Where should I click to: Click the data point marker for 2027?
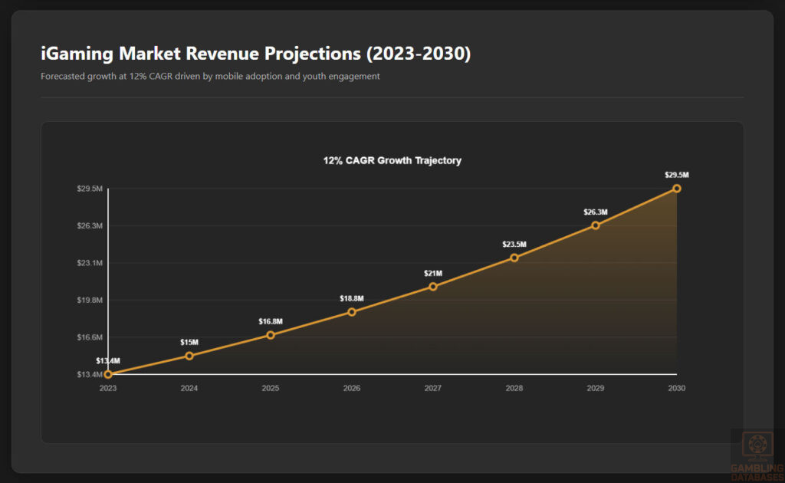point(433,287)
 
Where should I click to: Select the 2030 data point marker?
point(677,189)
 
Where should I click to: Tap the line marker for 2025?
point(271,335)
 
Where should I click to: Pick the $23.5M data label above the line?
point(514,245)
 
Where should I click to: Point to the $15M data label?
point(189,342)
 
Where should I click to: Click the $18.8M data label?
point(352,298)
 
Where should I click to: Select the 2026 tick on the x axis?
point(352,389)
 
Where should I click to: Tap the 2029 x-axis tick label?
point(596,389)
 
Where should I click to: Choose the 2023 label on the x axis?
point(108,389)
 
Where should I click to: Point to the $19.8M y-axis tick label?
point(90,300)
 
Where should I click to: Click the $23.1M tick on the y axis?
point(90,263)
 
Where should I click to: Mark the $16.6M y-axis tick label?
point(90,337)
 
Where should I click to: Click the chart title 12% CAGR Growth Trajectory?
point(392,161)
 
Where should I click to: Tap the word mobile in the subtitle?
point(232,77)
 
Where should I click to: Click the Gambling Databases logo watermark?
point(757,455)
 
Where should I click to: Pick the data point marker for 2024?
point(189,356)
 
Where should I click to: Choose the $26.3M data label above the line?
point(596,212)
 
